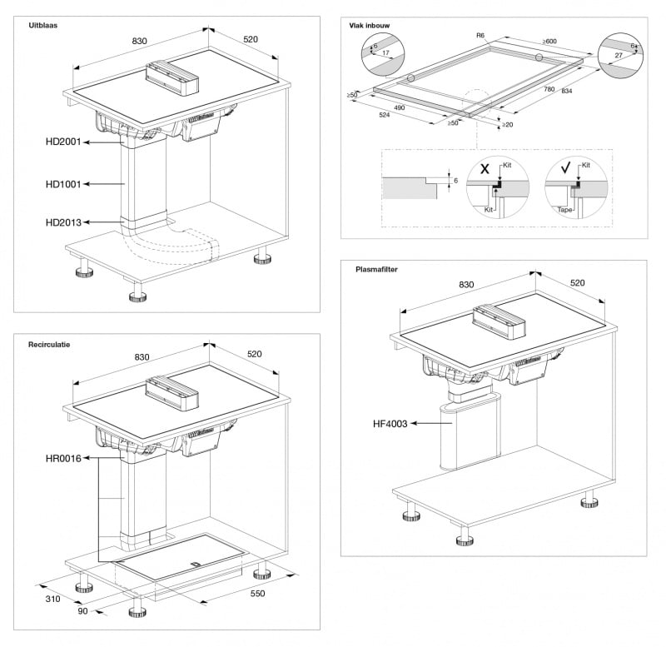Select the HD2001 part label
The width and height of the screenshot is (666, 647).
coord(63,142)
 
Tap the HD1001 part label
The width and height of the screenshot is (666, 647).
coord(63,184)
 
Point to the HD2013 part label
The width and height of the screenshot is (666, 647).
coord(63,222)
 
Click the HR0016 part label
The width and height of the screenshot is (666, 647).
coord(63,458)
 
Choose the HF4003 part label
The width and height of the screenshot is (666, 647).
coord(390,424)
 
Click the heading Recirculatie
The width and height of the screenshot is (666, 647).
coord(49,343)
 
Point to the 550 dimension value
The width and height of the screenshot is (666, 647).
coord(256,593)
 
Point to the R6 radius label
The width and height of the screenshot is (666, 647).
coord(480,36)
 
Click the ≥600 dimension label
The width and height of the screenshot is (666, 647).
coord(549,41)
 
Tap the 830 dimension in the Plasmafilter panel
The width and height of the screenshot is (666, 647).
coord(465,286)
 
